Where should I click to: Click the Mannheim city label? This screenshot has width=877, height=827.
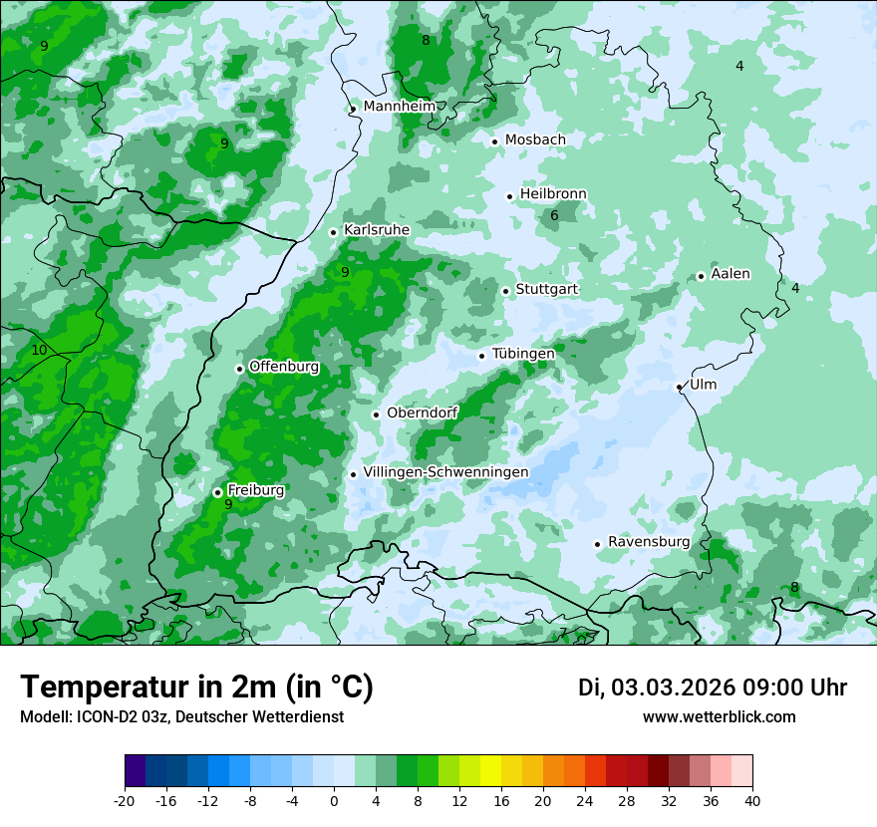click(399, 107)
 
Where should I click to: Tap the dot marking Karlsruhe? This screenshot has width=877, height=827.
click(334, 232)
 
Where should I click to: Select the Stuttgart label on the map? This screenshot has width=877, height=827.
click(546, 289)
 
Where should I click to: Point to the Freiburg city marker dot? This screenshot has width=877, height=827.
click(217, 492)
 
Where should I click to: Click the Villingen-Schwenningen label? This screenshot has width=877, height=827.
click(445, 472)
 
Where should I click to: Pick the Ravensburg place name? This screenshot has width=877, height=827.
click(648, 542)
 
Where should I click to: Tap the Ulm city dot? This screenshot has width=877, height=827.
click(679, 387)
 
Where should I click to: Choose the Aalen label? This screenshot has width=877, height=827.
click(731, 274)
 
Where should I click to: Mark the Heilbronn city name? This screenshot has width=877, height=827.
click(553, 194)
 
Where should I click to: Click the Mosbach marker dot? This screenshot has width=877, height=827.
click(494, 141)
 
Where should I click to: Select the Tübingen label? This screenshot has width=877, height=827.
click(523, 354)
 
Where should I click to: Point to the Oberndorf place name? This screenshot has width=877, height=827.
click(422, 413)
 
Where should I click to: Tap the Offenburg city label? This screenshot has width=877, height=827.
click(284, 367)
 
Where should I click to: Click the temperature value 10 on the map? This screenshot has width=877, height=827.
click(39, 350)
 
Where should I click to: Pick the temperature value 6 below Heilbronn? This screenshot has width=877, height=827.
click(554, 215)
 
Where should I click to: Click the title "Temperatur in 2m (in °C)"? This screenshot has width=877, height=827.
click(196, 688)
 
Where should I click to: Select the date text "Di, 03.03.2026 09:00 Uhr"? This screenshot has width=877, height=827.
click(713, 688)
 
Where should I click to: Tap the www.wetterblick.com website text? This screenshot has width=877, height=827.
click(719, 717)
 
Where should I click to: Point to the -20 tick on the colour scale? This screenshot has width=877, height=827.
click(125, 800)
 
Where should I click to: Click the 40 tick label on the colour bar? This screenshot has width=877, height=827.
click(752, 800)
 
